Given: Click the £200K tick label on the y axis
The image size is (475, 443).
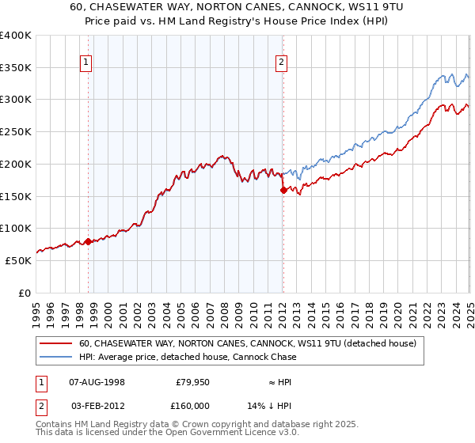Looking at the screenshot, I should coord(16,164).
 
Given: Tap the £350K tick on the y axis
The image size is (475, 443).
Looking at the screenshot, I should coord(16,68).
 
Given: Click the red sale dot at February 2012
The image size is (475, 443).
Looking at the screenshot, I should coord(283,190).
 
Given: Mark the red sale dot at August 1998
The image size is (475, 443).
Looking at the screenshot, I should coord(88,241).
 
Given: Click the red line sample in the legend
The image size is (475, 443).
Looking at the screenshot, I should coord(57,344).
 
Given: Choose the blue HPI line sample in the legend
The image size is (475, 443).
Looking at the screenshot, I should coord(57,358).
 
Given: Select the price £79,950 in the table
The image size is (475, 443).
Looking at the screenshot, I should coord(191,382).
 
